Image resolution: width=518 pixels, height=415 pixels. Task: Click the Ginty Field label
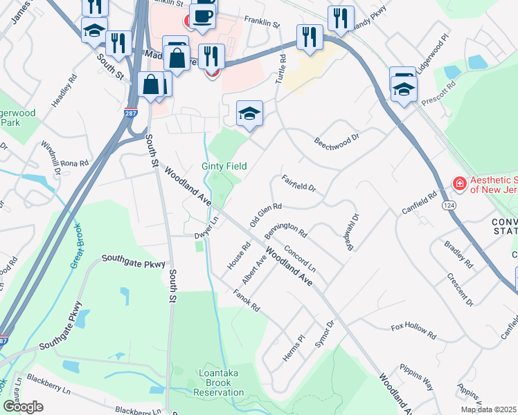[224, 166]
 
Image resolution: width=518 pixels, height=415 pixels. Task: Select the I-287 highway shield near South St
[132, 111]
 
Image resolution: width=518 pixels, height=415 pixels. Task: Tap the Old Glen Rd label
[265, 214]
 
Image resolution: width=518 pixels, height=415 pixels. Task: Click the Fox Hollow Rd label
[413, 331]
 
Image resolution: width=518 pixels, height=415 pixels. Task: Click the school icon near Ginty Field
[249, 113]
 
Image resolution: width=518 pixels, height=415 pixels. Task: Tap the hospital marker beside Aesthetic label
[458, 183]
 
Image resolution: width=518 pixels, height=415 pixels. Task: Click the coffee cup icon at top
[202, 15]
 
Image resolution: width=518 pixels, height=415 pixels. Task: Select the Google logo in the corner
[23, 406]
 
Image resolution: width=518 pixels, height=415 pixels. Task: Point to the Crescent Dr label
[461, 293]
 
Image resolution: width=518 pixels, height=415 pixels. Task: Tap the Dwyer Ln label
[206, 229]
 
